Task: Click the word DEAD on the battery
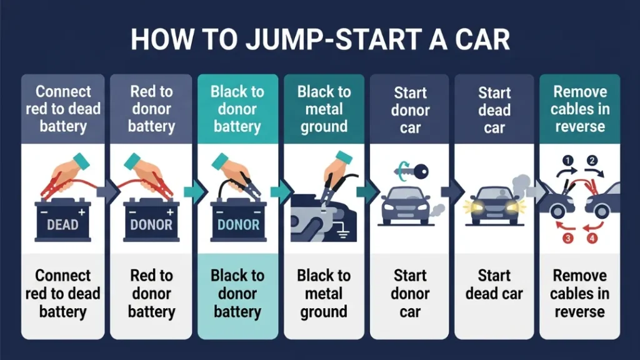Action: [62, 224]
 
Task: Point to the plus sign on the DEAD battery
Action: [83, 212]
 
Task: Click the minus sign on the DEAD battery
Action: [42, 212]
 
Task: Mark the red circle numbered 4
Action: [591, 237]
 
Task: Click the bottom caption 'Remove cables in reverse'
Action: [579, 294]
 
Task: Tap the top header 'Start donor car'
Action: [410, 110]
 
